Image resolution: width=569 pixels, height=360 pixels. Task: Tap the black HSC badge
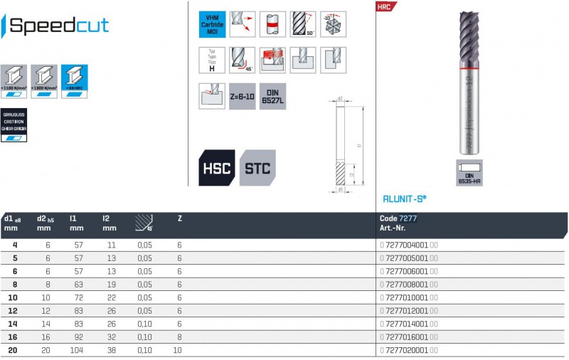click(216, 168)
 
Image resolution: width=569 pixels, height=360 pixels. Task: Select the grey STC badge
click(257, 168)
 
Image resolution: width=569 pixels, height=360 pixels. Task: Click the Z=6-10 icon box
click(242, 96)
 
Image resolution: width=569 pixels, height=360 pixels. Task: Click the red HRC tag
click(385, 6)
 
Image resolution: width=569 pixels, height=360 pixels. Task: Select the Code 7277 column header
click(398, 218)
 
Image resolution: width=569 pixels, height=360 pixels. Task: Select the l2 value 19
click(110, 284)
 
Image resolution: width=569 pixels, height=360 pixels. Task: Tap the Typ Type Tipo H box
click(212, 60)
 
